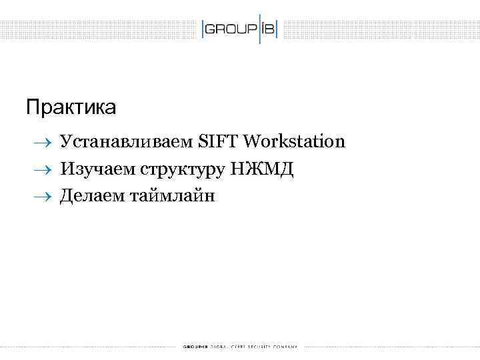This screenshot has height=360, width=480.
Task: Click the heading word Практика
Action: coord(71,106)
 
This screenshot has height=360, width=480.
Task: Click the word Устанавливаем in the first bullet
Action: coord(127,141)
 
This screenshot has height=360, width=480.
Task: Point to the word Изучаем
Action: coord(97,169)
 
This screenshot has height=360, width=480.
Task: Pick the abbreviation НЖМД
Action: coord(261,169)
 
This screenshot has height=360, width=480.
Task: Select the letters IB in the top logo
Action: coord(269,30)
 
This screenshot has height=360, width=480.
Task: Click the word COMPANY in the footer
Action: coord(287,347)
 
